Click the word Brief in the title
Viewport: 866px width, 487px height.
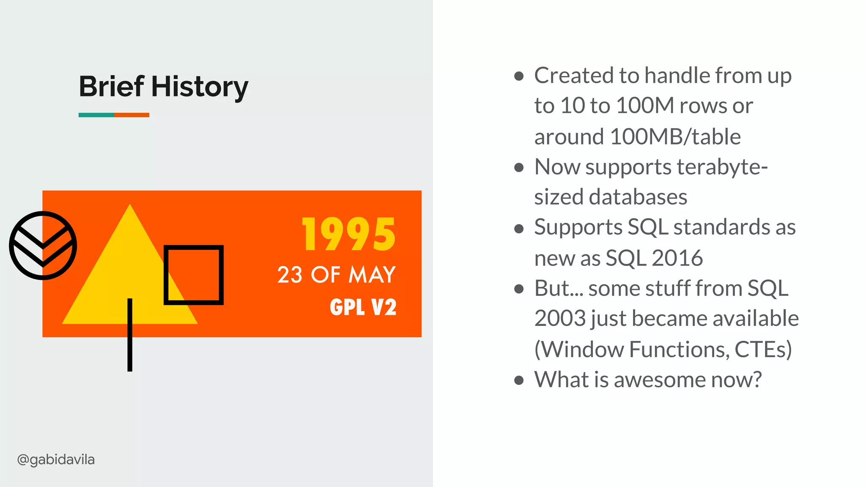[112, 87]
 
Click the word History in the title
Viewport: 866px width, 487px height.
[200, 88]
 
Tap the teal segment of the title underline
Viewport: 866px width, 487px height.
[96, 115]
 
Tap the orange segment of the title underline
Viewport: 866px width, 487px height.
[132, 115]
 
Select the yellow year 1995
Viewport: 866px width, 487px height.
[349, 235]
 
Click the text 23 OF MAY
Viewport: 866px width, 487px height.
[336, 275]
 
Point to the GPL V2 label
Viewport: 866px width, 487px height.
[363, 307]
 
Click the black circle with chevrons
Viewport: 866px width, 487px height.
[43, 246]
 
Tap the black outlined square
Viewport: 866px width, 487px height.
[194, 275]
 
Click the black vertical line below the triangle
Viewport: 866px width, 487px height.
[130, 347]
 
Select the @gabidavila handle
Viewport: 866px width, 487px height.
[56, 460]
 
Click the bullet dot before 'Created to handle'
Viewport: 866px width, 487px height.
[519, 77]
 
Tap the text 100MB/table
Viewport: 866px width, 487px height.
[675, 137]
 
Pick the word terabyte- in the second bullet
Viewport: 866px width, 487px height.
[722, 167]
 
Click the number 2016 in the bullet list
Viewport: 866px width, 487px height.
[677, 258]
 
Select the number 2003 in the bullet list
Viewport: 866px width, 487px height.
[560, 319]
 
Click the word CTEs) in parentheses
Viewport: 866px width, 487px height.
[763, 350]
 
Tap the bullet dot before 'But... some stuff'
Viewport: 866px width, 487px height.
[519, 289]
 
